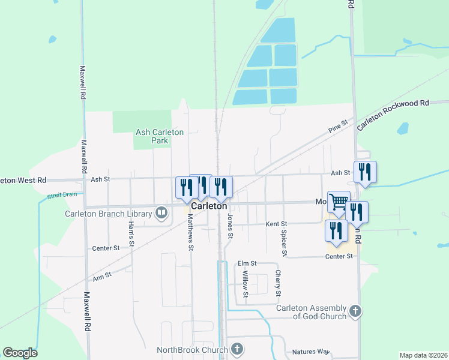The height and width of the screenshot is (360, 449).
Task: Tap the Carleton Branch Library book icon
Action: coord(161,212)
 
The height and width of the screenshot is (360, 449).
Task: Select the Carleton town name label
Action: coord(208,205)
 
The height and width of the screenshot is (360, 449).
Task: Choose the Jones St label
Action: coord(230,226)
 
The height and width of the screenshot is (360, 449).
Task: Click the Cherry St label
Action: coord(278,283)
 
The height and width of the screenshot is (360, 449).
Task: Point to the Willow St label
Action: coord(245,284)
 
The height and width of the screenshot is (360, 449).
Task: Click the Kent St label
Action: coord(276,224)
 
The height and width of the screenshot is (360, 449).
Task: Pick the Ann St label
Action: coord(102,277)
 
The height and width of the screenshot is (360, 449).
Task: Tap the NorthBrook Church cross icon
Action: coord(237,349)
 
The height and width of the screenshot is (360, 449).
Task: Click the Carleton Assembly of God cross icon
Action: coord(356,311)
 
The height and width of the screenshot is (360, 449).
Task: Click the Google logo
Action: coord(20,352)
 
